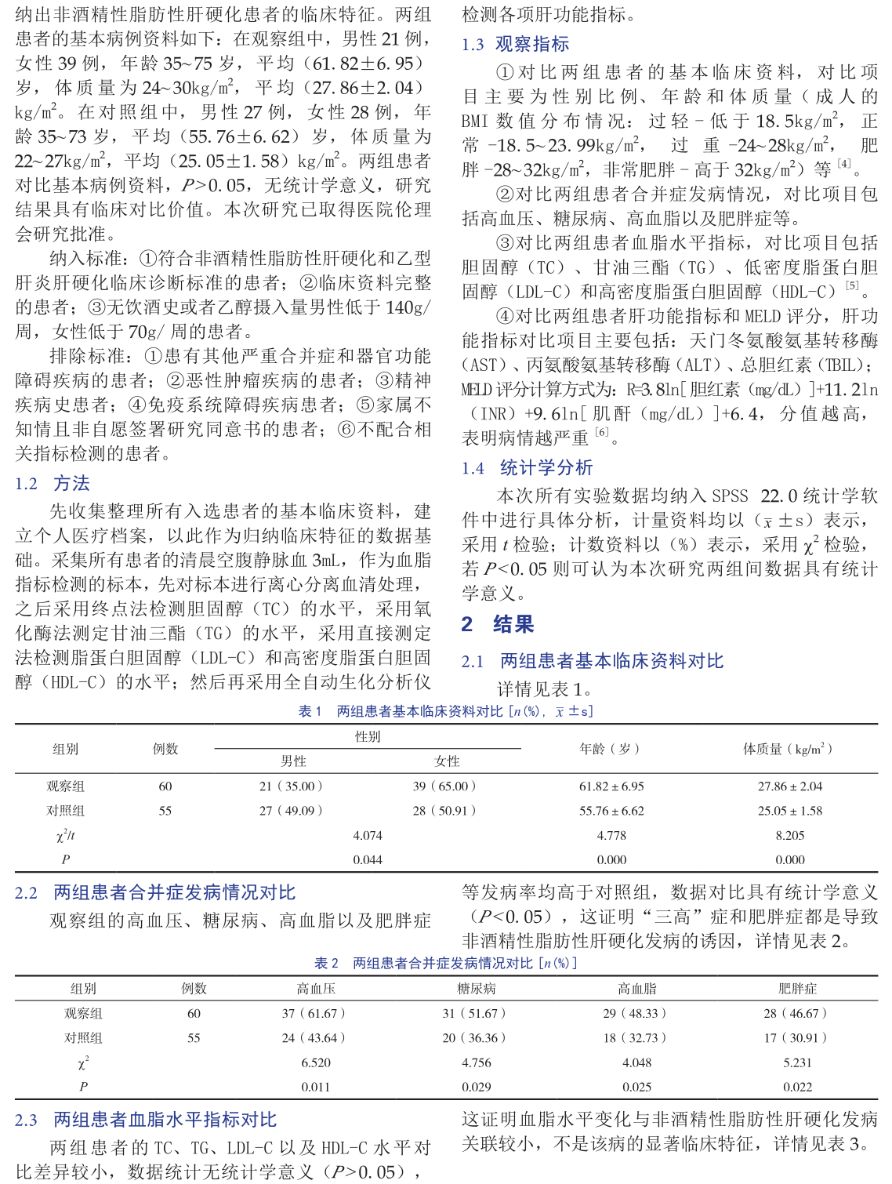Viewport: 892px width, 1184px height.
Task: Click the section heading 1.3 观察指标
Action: tap(515, 44)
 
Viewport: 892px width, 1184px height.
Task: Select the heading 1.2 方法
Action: tap(53, 483)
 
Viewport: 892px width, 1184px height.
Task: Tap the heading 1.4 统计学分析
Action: tap(527, 468)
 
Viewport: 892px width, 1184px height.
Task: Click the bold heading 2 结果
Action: tap(498, 624)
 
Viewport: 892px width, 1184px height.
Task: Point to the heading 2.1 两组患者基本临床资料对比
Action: tap(592, 661)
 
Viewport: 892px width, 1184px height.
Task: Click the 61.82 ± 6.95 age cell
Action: tap(611, 786)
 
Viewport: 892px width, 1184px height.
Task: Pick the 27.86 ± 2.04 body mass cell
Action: tap(789, 786)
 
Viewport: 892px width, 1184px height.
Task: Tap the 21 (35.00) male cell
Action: tap(291, 786)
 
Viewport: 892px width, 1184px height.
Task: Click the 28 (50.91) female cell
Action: tap(444, 811)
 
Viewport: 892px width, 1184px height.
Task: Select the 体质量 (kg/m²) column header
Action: tap(788, 749)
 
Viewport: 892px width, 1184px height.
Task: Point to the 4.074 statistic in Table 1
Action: tap(368, 836)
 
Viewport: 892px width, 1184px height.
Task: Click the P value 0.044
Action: tap(368, 860)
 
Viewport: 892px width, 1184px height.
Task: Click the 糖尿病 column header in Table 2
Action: tap(477, 989)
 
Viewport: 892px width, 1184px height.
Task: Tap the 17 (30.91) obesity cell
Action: tap(796, 1038)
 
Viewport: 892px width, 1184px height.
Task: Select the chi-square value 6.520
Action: tap(316, 1062)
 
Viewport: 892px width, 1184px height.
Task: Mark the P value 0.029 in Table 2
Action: tap(477, 1087)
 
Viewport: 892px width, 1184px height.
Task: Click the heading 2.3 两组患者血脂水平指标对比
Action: tap(146, 1120)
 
